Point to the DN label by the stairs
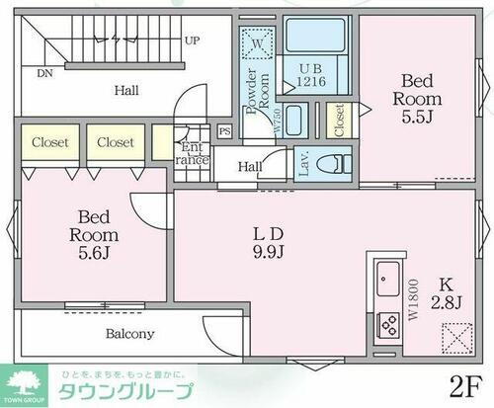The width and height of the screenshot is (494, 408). pos(45,72)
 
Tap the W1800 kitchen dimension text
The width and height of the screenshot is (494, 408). pos(412,296)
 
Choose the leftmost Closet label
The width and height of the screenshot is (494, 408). pos(49,143)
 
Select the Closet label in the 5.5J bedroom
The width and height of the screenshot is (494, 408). pos(339,122)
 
